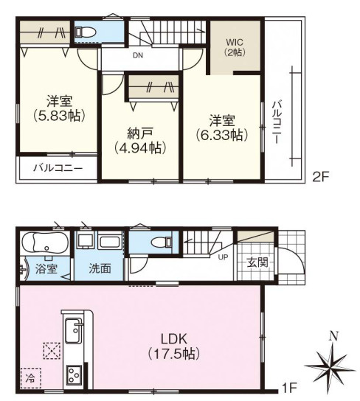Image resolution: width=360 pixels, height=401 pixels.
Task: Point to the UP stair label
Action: click(222, 257)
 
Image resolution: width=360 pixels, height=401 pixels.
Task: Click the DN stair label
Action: click(138, 56)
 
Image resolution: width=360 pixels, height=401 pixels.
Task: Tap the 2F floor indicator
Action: click(319, 177)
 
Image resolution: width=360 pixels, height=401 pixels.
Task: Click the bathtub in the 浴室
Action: click(44, 243)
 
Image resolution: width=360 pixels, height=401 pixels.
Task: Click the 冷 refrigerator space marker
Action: click(30, 377)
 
